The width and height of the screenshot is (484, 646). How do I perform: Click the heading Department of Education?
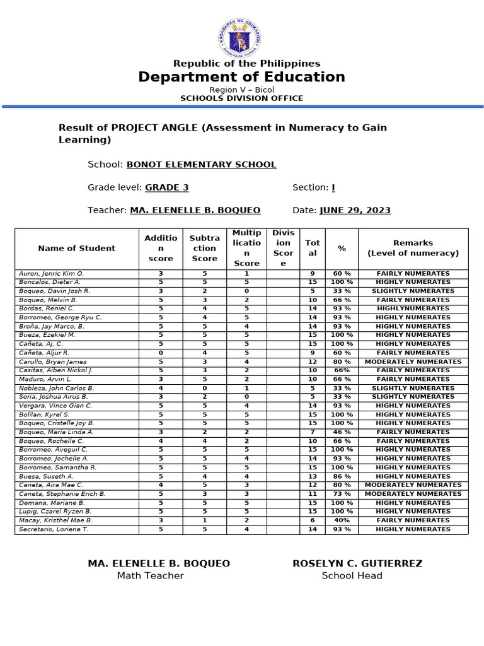(242, 77)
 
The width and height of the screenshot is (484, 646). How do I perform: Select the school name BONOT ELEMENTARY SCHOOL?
(202, 165)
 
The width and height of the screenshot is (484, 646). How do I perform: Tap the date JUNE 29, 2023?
(355, 210)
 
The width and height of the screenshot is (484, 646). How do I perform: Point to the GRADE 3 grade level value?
(167, 187)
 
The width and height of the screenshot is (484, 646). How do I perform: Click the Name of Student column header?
(77, 249)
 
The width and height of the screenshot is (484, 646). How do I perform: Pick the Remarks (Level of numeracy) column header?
(413, 248)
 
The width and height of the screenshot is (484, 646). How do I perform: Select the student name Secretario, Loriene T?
(54, 529)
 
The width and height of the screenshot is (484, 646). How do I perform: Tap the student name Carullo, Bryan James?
(53, 362)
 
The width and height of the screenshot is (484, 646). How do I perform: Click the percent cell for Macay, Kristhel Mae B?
(342, 520)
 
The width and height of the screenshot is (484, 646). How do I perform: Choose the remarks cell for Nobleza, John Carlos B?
(413, 389)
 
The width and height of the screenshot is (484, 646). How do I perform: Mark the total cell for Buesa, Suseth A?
(313, 476)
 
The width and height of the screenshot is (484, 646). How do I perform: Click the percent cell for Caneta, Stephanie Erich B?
(342, 494)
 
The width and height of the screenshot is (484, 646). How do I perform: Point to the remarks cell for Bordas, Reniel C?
(413, 308)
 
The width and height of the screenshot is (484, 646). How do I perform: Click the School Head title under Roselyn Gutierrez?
(352, 575)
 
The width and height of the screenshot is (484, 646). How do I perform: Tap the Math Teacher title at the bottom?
(150, 575)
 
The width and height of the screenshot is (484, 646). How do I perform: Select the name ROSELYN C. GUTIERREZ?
(357, 563)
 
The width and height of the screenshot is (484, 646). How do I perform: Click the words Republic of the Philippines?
(247, 63)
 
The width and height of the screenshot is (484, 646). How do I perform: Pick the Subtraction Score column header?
(205, 249)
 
